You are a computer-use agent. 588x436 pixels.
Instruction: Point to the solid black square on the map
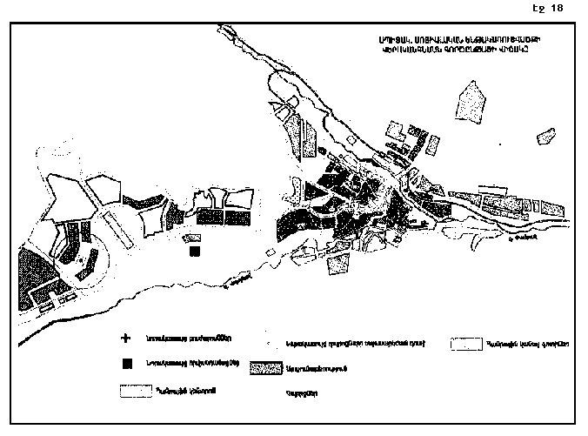[194, 252]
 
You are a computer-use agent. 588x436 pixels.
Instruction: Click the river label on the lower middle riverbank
[231, 280]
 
